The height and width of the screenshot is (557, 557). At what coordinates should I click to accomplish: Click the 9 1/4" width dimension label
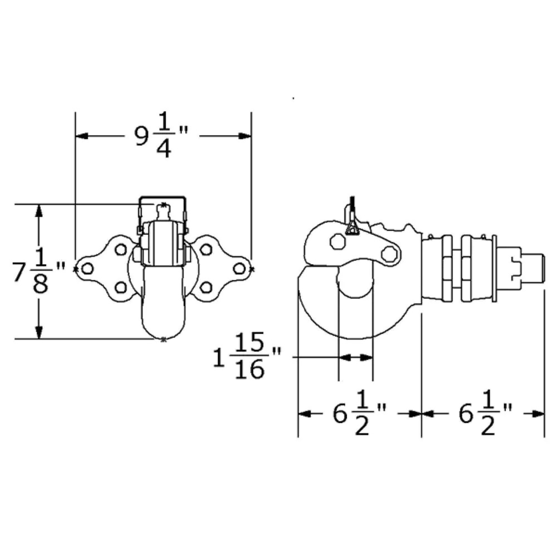coord(162,135)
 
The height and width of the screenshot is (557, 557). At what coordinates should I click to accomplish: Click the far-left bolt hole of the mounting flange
coord(87,269)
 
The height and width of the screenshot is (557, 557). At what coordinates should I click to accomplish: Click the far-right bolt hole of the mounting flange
coord(239,269)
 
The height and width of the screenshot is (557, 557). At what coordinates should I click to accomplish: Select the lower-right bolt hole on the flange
coord(206,287)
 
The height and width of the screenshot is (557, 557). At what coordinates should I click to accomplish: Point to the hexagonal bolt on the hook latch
coord(338,241)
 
